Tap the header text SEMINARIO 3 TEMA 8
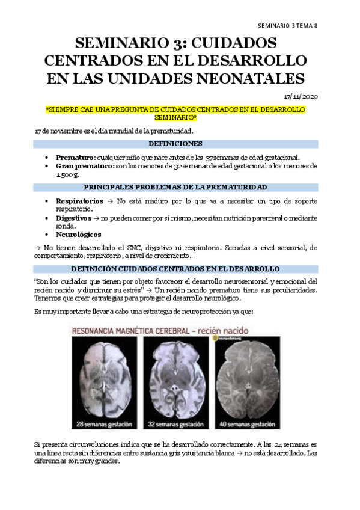(x=287, y=26)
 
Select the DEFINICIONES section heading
(x=175, y=144)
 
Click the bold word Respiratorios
(x=81, y=200)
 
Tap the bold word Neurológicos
(x=79, y=234)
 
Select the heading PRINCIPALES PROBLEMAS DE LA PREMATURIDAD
(x=175, y=187)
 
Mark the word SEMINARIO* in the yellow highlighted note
(x=175, y=117)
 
